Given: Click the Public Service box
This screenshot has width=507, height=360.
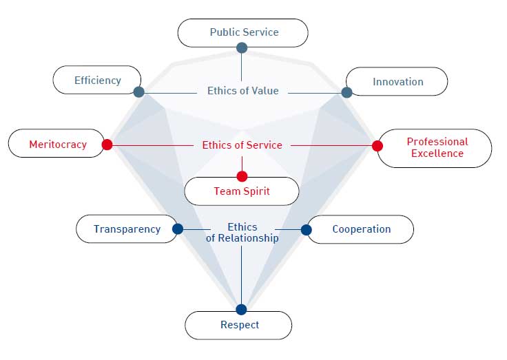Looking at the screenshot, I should point(242,32).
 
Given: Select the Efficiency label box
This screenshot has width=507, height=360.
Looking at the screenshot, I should point(97,80).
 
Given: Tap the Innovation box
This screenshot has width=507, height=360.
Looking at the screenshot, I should point(397,81).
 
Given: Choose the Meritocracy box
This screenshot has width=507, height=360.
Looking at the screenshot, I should point(56,144).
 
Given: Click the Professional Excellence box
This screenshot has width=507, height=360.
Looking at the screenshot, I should point(435,147).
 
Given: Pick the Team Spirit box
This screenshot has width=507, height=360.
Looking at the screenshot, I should point(242,191).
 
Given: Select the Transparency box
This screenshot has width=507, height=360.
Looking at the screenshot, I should point(127,229).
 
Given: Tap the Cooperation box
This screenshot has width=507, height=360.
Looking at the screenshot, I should point(360,229).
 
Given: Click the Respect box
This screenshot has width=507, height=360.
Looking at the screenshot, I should point(239,325).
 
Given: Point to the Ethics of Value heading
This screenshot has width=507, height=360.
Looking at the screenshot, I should point(242,91).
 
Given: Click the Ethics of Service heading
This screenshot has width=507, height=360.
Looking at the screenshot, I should point(242,145).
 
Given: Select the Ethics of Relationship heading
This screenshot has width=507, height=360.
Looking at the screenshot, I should point(242,233).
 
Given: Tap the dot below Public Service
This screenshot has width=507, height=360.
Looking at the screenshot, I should point(242,47).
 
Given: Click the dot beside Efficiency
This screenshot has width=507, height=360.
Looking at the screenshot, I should point(138,92).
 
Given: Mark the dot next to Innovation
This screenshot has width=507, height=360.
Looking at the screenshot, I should point(346,92).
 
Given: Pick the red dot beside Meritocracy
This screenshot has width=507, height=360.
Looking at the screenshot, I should point(107,145).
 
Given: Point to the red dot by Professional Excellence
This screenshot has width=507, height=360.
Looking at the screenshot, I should point(377,146).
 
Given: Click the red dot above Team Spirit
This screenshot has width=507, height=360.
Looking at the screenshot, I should point(242,176).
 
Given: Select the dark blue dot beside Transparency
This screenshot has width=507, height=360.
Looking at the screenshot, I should point(178,229).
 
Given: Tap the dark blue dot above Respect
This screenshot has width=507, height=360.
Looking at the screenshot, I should point(241,309).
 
